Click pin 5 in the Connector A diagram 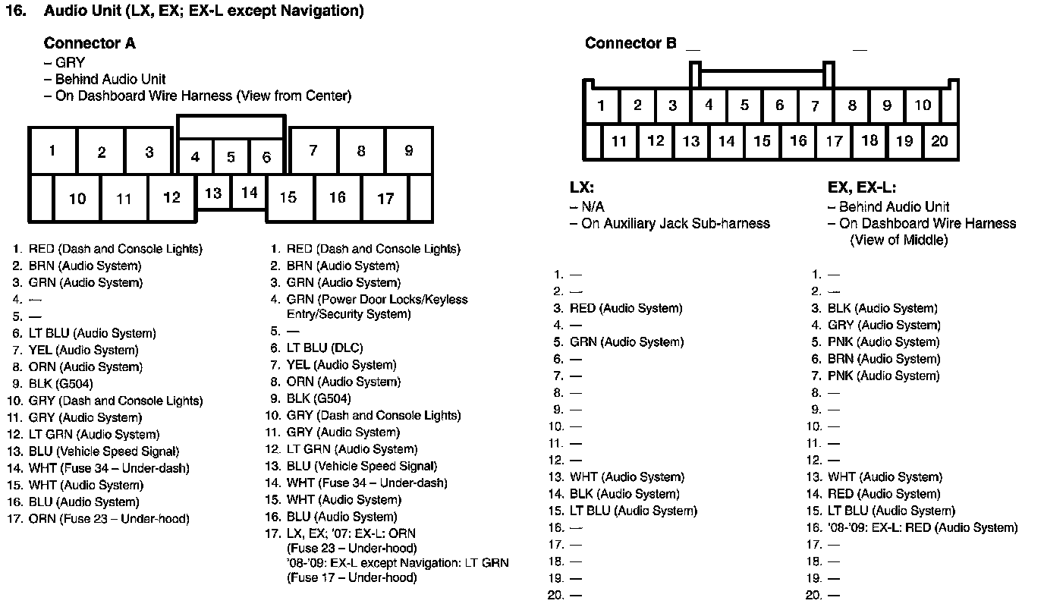tap(231, 158)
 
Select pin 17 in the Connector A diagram tap(385, 198)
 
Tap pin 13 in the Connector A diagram tap(213, 193)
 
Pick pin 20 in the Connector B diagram tap(939, 140)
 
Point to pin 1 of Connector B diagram tap(601, 105)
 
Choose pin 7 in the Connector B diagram tap(815, 105)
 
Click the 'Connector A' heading tap(90, 43)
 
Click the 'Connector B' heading tap(630, 43)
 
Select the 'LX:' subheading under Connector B tap(582, 187)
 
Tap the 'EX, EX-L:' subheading tap(862, 187)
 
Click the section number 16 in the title tap(16, 11)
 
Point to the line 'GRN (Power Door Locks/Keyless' tap(377, 300)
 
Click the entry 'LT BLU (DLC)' tap(325, 348)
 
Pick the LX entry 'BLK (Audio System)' tap(624, 494)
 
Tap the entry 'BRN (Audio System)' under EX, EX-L tap(883, 359)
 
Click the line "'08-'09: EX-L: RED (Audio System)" tap(923, 527)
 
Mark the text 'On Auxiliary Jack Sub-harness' tap(675, 224)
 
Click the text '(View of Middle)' tap(898, 241)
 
